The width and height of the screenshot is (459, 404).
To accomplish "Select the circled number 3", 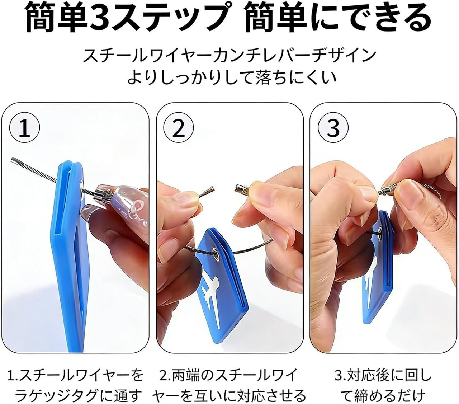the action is tap(333, 128).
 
